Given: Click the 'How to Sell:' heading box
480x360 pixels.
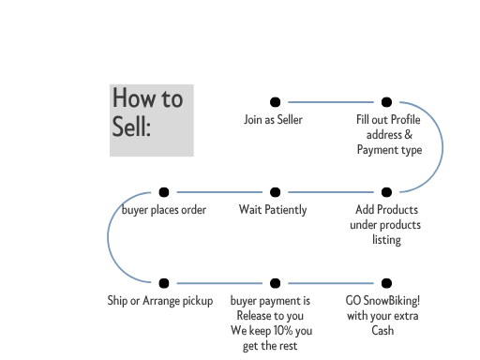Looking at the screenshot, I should click(152, 120).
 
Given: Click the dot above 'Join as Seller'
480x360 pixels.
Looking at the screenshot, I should click(275, 102).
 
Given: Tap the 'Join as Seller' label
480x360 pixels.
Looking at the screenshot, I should click(273, 120).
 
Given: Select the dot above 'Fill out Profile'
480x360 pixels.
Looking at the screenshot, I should click(386, 102).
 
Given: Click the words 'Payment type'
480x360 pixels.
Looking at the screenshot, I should click(389, 150).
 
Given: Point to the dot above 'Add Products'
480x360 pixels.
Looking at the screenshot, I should click(386, 192).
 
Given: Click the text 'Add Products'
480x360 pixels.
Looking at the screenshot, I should click(386, 210).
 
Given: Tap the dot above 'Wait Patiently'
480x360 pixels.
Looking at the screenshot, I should click(275, 192).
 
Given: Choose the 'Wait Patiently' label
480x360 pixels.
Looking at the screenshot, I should click(273, 210).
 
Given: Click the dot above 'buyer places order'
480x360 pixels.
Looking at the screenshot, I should click(164, 192).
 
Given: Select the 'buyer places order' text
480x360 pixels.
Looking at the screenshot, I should click(164, 210).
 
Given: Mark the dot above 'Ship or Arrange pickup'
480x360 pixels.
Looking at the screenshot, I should click(164, 282).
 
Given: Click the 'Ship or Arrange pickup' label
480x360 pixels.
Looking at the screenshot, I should click(160, 301).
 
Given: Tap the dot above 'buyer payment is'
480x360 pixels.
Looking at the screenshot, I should click(275, 282).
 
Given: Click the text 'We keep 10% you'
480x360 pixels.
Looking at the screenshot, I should click(271, 331).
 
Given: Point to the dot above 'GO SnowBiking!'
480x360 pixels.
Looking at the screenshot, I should click(386, 282).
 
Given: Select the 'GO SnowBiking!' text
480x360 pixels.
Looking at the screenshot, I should click(382, 301).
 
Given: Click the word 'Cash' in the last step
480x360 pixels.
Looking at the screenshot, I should click(382, 331).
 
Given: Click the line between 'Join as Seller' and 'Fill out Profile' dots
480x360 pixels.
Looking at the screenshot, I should click(330, 102).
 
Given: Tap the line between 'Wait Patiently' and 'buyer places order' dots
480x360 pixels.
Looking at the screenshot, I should click(219, 192).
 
